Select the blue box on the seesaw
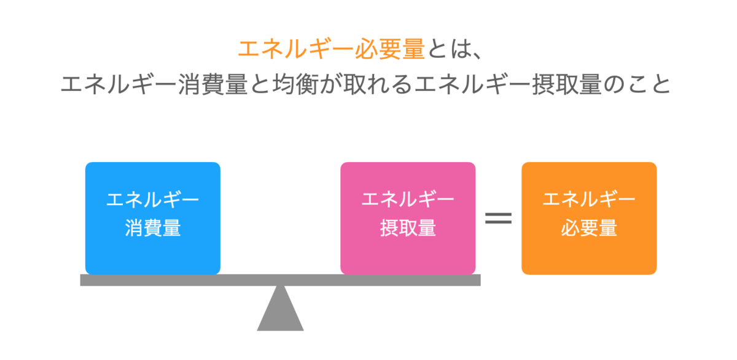pos(152,218)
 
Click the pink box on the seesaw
pos(408,218)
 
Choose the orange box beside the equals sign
pos(589,218)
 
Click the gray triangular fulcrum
pos(280,310)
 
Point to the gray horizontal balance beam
pos(184,280)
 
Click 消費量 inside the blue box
pos(153,229)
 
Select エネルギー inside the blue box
pos(153,200)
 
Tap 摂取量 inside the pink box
pos(408,229)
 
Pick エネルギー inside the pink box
pos(408,200)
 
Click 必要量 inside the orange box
pos(589,229)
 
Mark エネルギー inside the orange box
pos(589,200)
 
